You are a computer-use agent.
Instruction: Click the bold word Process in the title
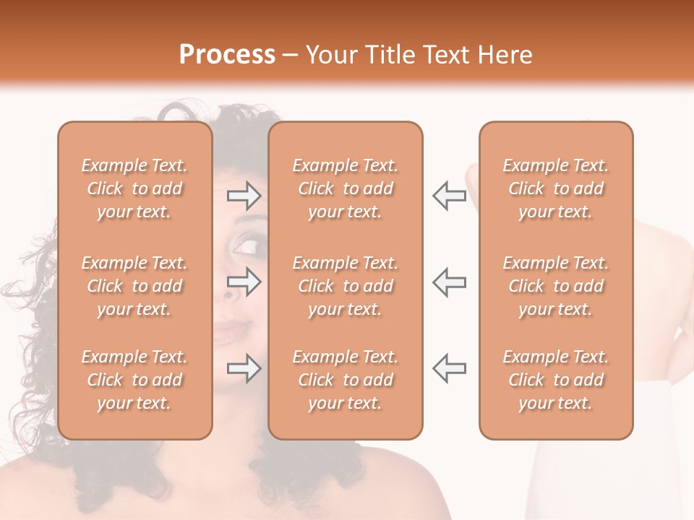pos(227,55)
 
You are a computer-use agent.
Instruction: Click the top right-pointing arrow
pos(244,195)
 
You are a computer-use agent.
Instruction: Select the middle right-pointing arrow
pos(244,282)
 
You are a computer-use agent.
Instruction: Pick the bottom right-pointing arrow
pos(244,368)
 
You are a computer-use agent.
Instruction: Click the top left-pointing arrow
pos(449,195)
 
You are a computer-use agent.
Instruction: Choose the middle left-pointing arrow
pos(449,282)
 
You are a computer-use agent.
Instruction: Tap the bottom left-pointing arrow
pos(449,368)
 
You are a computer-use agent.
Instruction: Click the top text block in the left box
pos(134,188)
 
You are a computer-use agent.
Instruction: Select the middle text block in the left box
pos(134,286)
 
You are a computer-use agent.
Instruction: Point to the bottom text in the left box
pos(134,380)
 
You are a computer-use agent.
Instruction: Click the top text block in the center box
pos(346,188)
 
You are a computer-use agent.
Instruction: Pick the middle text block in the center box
pos(346,286)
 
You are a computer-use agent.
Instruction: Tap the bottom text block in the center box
pos(346,380)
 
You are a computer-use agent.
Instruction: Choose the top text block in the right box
pos(556,188)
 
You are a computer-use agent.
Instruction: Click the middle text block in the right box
pos(556,286)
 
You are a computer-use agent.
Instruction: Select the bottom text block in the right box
pos(556,380)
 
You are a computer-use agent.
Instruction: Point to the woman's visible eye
pos(249,247)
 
